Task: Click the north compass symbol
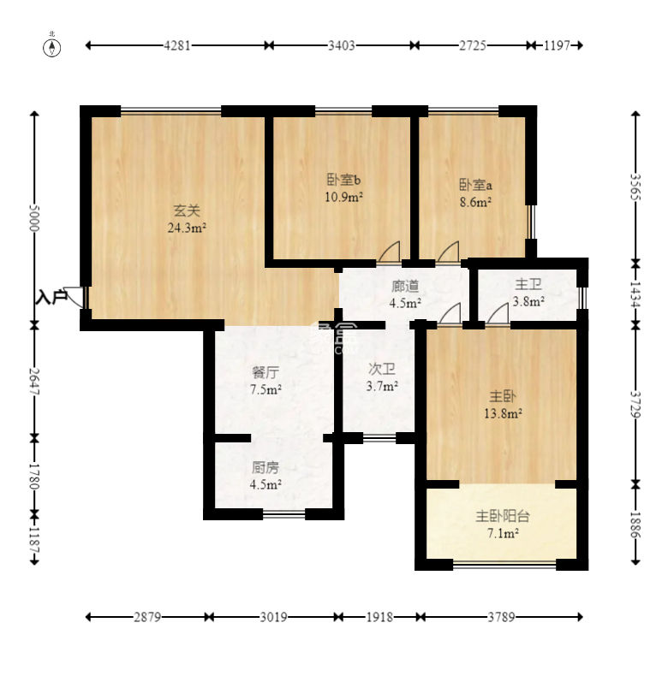51,47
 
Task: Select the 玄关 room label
187,211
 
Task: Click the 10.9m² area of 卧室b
343,197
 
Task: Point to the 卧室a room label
475,185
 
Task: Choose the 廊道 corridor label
405,286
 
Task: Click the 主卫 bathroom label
528,284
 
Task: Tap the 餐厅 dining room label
265,372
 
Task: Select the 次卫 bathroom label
382,369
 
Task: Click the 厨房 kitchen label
265,467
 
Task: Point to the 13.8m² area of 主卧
504,414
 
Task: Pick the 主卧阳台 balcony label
503,516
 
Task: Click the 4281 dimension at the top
177,45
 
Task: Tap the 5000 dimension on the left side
34,217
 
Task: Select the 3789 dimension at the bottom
501,617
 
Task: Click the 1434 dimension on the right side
635,294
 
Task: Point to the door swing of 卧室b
389,252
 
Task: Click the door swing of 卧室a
448,252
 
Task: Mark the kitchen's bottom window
284,514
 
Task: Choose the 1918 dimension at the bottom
379,617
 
